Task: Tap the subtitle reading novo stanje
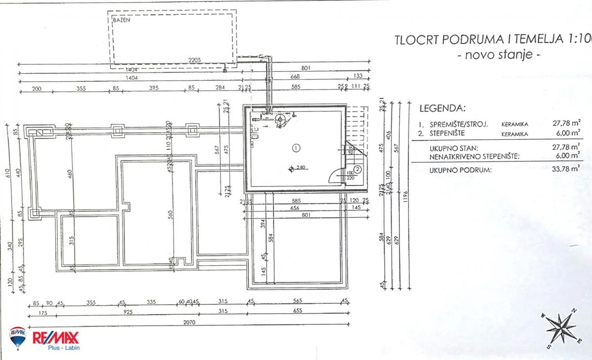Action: [499, 55]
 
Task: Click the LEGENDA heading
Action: [442, 108]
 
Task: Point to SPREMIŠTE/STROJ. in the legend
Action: [459, 124]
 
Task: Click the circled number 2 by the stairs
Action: [358, 169]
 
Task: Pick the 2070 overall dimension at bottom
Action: [188, 323]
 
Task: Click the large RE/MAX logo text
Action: [55, 338]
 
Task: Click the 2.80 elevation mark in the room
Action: [301, 168]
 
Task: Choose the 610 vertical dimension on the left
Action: [7, 175]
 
